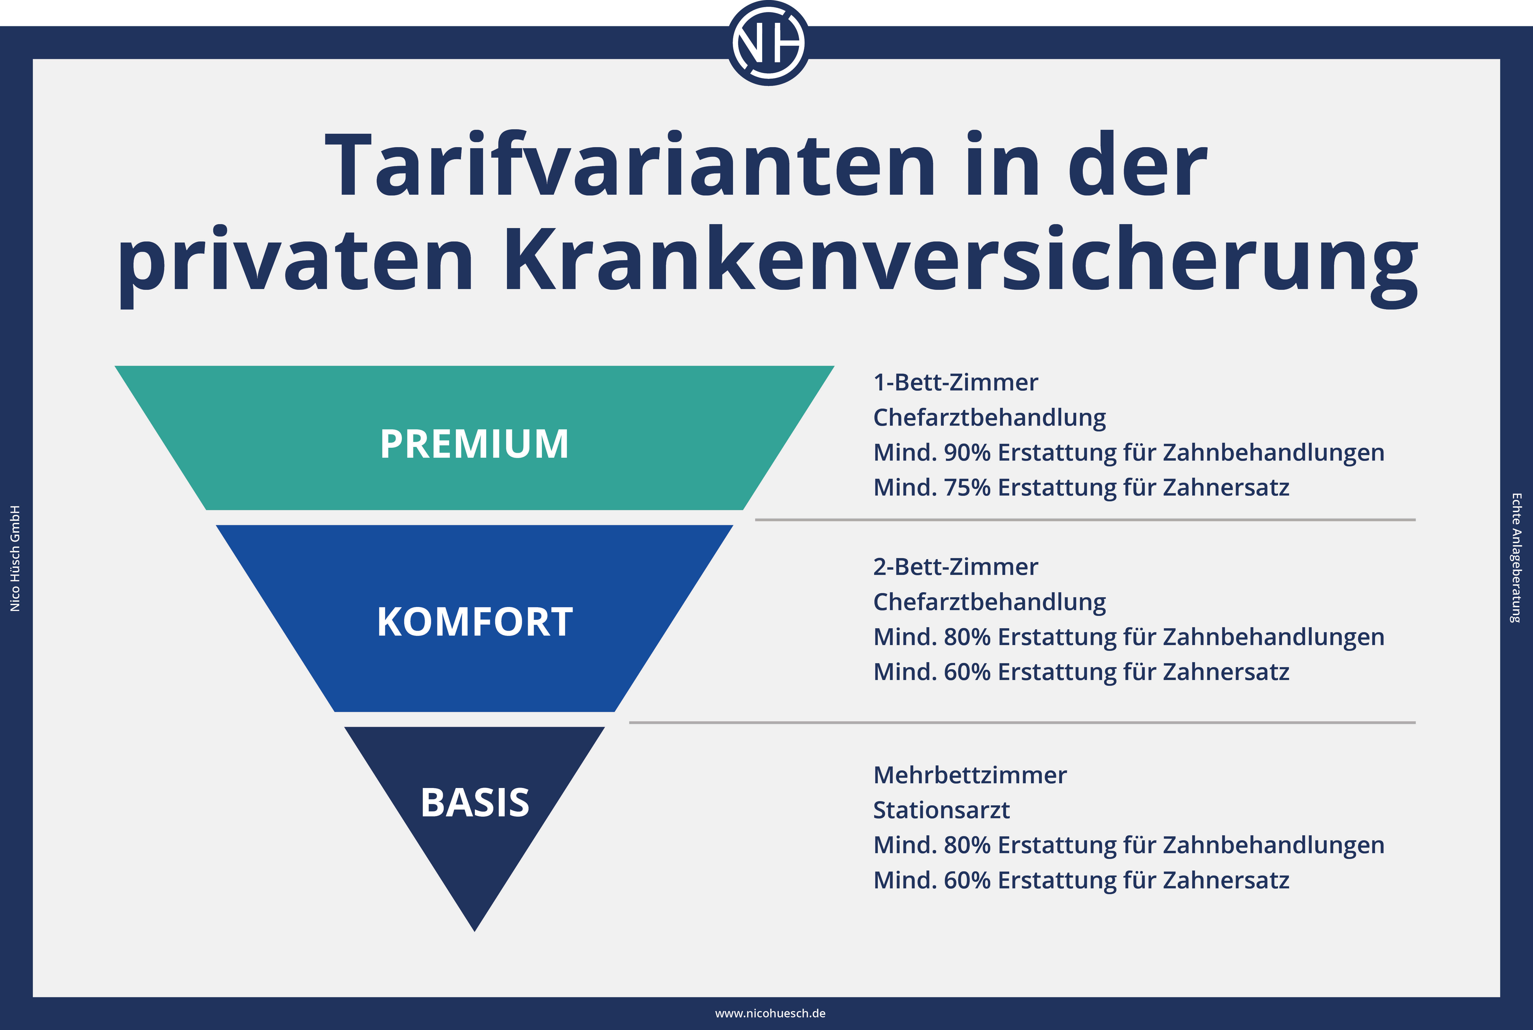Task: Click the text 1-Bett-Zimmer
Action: [x=955, y=382]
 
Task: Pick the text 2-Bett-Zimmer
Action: [x=955, y=566]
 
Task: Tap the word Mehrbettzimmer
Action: [x=970, y=775]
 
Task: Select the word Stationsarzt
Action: [x=941, y=810]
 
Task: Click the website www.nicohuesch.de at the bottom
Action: [x=770, y=1014]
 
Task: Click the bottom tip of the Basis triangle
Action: [x=474, y=931]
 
